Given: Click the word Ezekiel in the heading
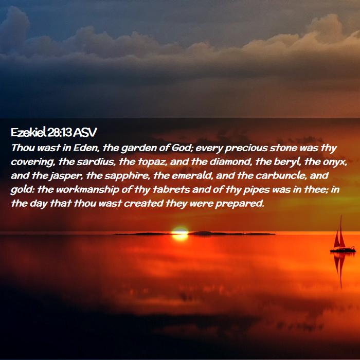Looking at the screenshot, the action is point(28,133).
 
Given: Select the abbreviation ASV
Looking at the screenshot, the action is point(85,133).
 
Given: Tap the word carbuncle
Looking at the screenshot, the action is point(281,176).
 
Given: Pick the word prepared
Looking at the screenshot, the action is point(240,204).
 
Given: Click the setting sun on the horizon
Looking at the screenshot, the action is point(180,233).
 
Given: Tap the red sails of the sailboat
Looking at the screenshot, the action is point(339,237).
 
